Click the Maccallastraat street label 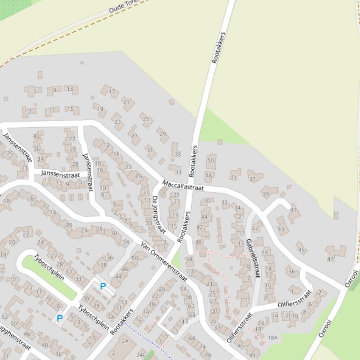183,185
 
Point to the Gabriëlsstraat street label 252,258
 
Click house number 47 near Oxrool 331,259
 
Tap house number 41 293,210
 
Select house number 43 281,229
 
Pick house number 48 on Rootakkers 209,176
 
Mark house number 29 163,134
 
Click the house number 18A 273,338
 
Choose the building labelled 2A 125,341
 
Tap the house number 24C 141,355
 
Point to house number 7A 111,317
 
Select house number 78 208,355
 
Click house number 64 192,315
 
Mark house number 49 252,355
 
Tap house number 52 5,317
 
